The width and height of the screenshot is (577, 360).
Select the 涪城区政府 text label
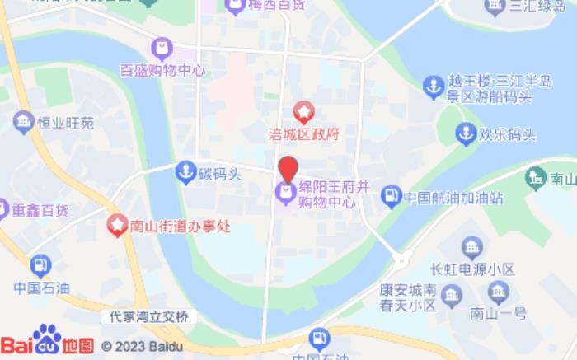(304, 133)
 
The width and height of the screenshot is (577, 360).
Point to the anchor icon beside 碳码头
(185, 172)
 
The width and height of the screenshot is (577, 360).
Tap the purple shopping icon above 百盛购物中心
(162, 48)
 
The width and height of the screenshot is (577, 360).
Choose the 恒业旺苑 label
(65, 124)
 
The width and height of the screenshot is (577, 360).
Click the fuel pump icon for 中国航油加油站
(391, 196)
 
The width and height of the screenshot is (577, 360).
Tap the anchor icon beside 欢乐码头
(467, 133)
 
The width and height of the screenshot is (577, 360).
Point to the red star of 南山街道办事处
(118, 223)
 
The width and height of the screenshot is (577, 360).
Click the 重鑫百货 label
(40, 210)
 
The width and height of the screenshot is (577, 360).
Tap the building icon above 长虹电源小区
(471, 246)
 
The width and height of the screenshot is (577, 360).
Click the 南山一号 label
(498, 312)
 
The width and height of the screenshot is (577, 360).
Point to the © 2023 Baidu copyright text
(141, 346)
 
